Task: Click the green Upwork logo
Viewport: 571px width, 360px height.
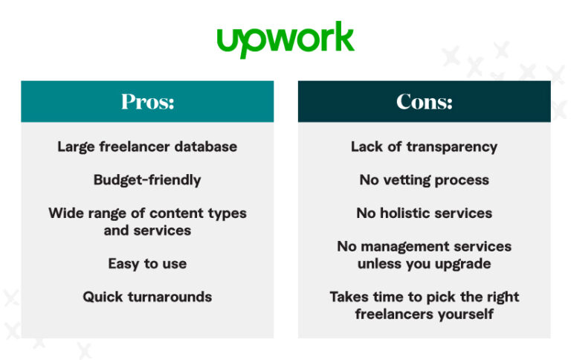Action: (285, 39)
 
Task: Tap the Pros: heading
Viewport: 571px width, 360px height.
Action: (147, 102)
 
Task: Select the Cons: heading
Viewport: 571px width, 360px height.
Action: (424, 102)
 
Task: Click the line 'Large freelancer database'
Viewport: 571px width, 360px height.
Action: (147, 147)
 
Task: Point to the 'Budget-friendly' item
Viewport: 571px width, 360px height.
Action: (147, 180)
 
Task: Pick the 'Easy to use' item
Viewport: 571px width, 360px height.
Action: (147, 263)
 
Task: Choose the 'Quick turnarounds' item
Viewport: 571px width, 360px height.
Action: (147, 297)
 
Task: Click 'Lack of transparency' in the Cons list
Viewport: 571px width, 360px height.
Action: (424, 147)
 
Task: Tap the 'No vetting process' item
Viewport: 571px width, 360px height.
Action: (424, 180)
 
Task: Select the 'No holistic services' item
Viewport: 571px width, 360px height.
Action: (424, 213)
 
